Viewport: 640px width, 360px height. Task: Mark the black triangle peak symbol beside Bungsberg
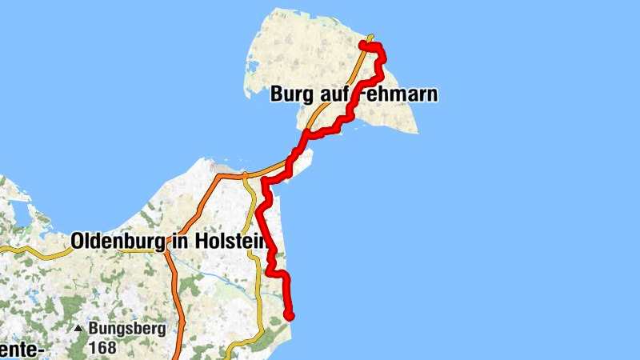79,329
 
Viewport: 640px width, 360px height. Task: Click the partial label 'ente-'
19,348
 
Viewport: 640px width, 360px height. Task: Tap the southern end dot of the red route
290,316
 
